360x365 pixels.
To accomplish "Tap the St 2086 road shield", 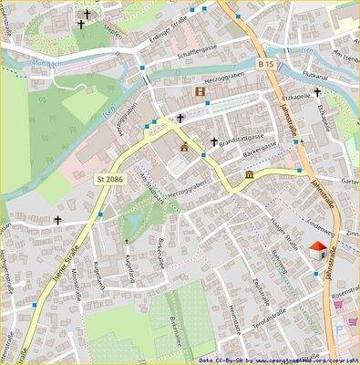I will tap(110, 180).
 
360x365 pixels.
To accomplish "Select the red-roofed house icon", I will tap(316, 251).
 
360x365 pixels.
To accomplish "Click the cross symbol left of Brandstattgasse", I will tap(215, 142).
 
